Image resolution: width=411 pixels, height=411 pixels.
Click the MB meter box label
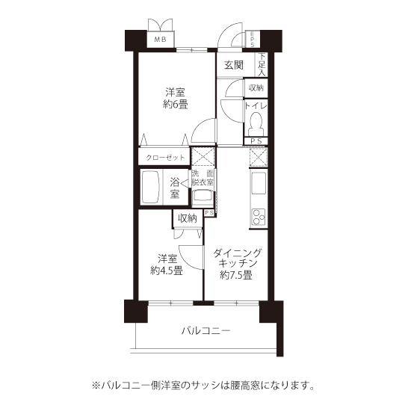(x=160, y=40)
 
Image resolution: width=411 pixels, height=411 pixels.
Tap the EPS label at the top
(x=252, y=40)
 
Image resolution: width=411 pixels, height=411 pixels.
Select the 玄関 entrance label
(x=234, y=65)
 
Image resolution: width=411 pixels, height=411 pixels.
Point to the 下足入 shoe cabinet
(x=262, y=65)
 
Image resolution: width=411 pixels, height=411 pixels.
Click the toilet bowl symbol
(x=256, y=123)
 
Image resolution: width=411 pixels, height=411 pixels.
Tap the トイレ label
(x=256, y=106)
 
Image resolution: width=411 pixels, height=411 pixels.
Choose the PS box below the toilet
(x=256, y=141)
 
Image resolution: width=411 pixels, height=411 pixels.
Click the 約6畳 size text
(x=175, y=105)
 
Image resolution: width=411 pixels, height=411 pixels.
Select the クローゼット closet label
(x=165, y=158)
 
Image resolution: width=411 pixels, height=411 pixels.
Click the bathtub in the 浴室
(x=151, y=186)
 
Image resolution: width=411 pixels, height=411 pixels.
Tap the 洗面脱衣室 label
(x=203, y=178)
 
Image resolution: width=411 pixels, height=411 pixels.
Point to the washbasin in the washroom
(x=203, y=197)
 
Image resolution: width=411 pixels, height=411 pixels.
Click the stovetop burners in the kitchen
(x=259, y=217)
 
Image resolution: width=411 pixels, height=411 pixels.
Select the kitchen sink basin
(x=259, y=183)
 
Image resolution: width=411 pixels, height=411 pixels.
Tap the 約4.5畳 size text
(x=167, y=271)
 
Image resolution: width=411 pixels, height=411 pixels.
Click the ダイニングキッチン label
(x=238, y=258)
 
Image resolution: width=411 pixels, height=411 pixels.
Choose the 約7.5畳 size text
(x=236, y=275)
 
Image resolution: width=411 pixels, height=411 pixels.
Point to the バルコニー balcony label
(x=206, y=331)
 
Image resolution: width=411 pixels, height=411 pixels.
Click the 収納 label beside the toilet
(x=256, y=88)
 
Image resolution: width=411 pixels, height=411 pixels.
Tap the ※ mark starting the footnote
(x=96, y=386)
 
